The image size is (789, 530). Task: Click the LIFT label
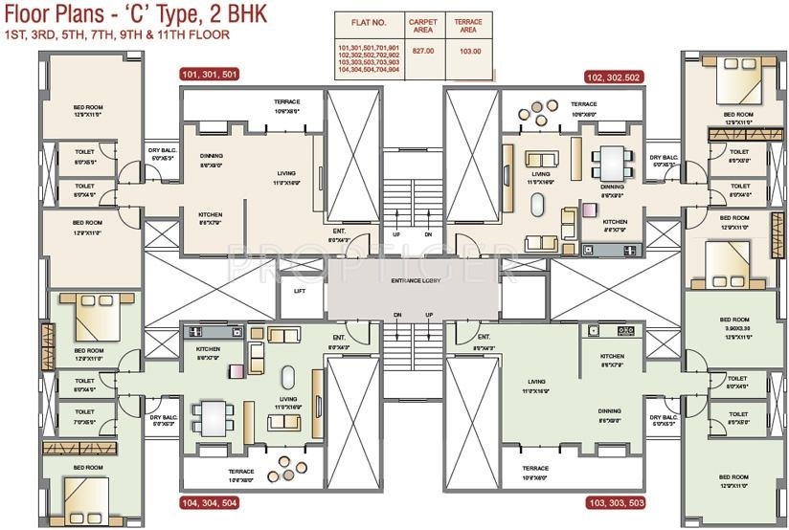(x=300, y=291)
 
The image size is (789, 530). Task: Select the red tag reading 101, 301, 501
(x=208, y=74)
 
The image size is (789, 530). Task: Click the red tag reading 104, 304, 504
(x=208, y=501)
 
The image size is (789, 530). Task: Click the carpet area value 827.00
(x=422, y=51)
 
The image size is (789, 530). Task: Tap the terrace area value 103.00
(x=468, y=51)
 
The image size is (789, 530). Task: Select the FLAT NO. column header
(x=368, y=21)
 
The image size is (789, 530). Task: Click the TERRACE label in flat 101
(x=287, y=102)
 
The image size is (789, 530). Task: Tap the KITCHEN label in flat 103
(x=612, y=356)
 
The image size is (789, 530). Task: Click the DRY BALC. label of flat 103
(x=664, y=417)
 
